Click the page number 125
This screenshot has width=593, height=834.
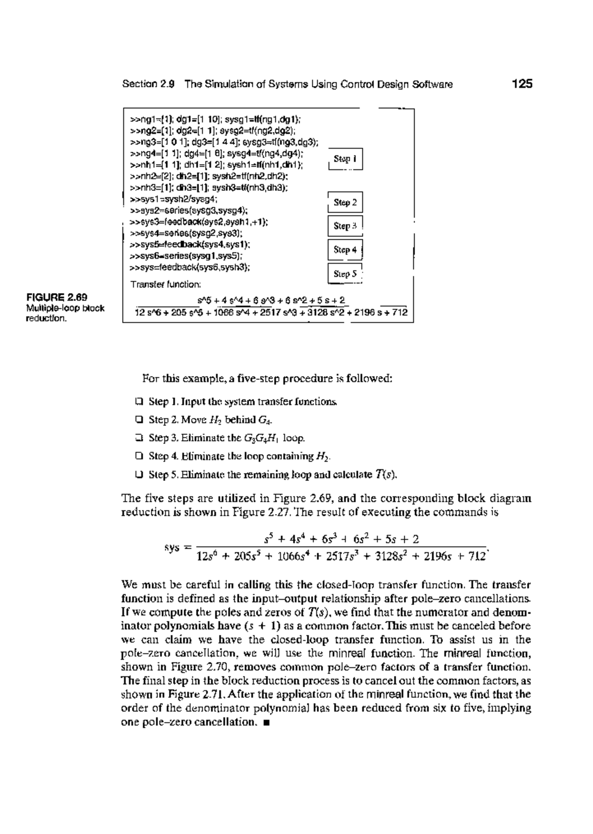pyautogui.click(x=522, y=84)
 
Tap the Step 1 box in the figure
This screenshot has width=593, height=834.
pyautogui.click(x=345, y=159)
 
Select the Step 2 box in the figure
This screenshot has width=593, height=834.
pyautogui.click(x=345, y=202)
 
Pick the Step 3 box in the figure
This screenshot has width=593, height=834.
pyautogui.click(x=345, y=226)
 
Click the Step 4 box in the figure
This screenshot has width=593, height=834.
pyautogui.click(x=345, y=250)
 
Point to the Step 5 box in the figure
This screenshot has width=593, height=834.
pyautogui.click(x=345, y=273)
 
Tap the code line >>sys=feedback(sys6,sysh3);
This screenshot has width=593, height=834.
pyautogui.click(x=189, y=267)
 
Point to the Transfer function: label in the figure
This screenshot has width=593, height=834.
pyautogui.click(x=166, y=285)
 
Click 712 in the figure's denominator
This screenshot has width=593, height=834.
pyautogui.click(x=398, y=312)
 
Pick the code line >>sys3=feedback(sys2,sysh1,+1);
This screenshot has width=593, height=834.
pyautogui.click(x=199, y=222)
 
